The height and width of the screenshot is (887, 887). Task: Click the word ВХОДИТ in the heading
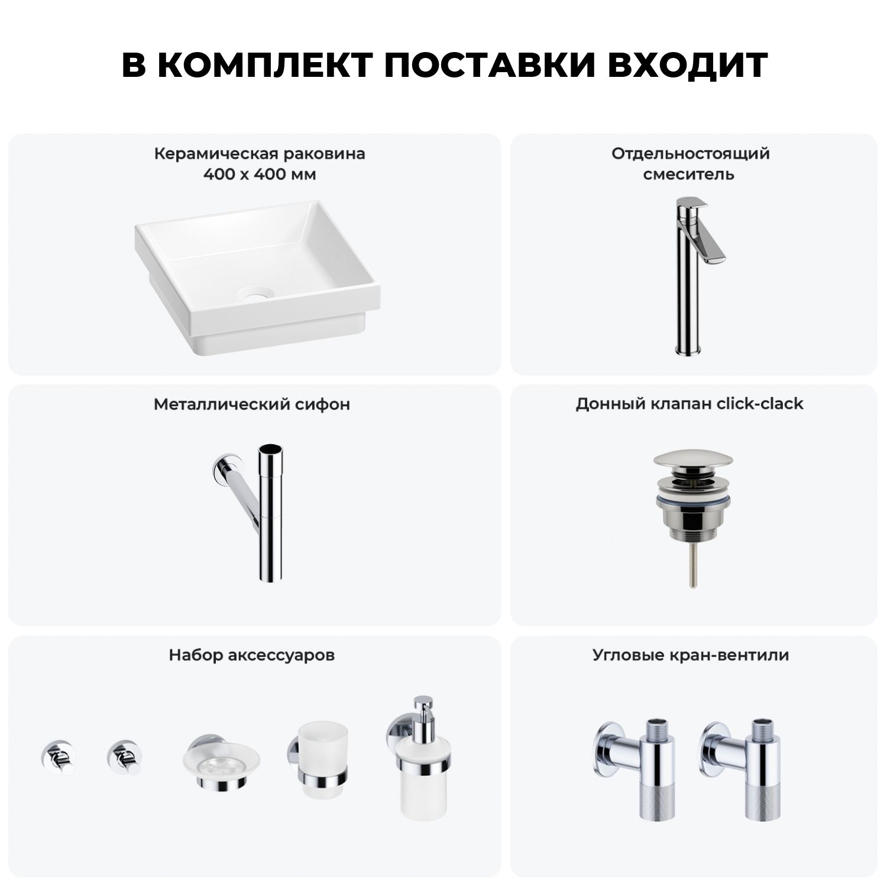(688, 65)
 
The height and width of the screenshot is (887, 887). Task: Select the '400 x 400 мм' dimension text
(260, 174)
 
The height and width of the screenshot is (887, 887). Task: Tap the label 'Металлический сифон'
(252, 404)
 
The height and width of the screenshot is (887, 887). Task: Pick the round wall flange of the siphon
(222, 467)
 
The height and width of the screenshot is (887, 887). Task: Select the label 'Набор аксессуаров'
(252, 655)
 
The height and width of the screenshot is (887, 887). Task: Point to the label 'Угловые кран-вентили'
(691, 655)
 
